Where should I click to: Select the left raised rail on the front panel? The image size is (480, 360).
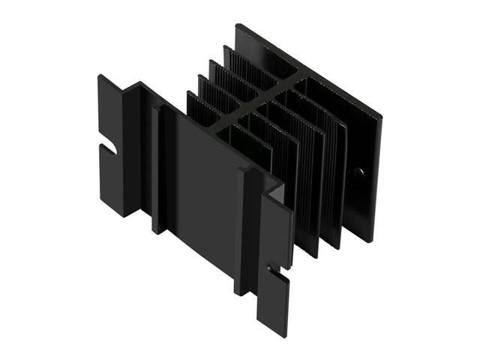[x=157, y=169]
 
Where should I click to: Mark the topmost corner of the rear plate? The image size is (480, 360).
[x=238, y=25]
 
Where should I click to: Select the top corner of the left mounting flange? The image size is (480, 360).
[x=100, y=75]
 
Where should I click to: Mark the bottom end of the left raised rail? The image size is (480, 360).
[x=157, y=230]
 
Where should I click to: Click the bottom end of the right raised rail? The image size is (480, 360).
[x=240, y=292]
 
